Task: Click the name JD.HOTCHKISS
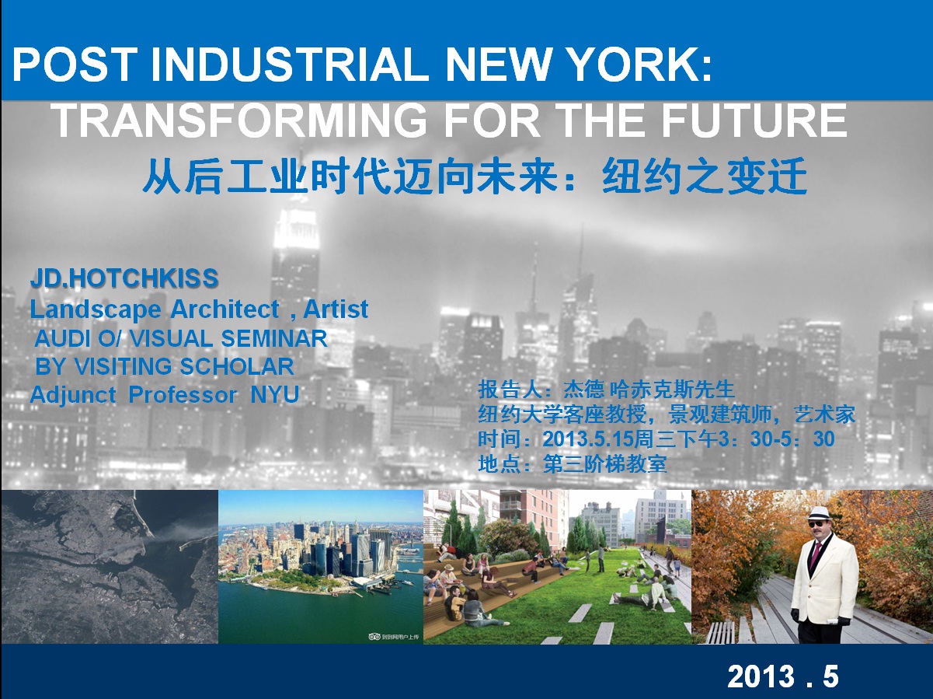click(x=124, y=278)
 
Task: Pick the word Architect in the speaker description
click(x=225, y=309)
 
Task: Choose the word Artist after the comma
click(x=336, y=309)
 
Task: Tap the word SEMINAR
click(x=274, y=339)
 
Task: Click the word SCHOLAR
click(x=237, y=366)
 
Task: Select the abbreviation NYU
click(x=274, y=394)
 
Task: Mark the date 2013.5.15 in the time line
click(x=588, y=439)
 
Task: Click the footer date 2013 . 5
click(x=783, y=676)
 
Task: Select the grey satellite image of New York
click(x=110, y=566)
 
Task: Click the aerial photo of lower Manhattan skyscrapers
click(x=321, y=566)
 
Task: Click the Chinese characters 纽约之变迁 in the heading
click(x=705, y=176)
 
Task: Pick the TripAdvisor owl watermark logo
click(x=374, y=637)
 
